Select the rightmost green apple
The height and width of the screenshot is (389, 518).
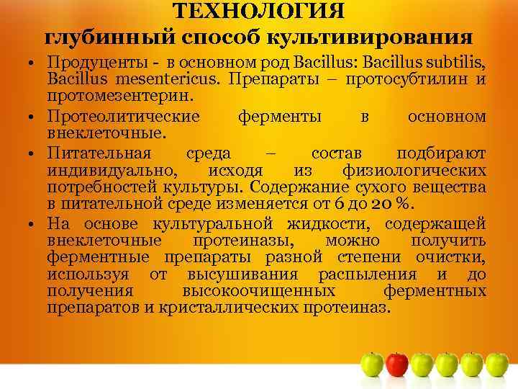tap(496, 365)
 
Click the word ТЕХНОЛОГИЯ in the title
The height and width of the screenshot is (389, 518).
tap(259, 11)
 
